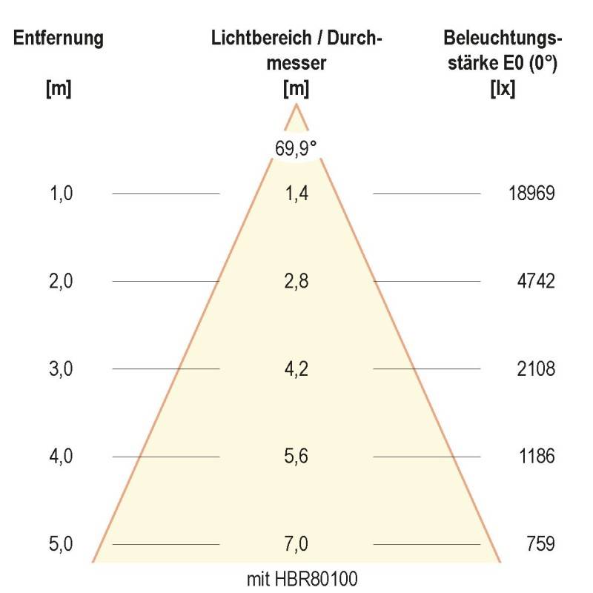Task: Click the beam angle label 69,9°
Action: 296,148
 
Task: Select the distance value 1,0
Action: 61,193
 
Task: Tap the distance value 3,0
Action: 61,368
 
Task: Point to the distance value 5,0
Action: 61,544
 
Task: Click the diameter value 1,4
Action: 296,193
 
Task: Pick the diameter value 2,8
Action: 296,281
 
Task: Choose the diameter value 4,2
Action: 296,368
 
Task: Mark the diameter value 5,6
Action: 296,456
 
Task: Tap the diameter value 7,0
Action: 296,544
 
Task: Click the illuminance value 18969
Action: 531,193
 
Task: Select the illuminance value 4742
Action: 536,281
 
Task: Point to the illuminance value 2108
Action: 536,368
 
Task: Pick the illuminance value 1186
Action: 536,456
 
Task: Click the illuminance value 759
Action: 541,544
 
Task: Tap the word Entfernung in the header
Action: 59,38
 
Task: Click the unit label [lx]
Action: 503,88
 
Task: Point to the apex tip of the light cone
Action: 296,105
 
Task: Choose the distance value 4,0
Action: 61,456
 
